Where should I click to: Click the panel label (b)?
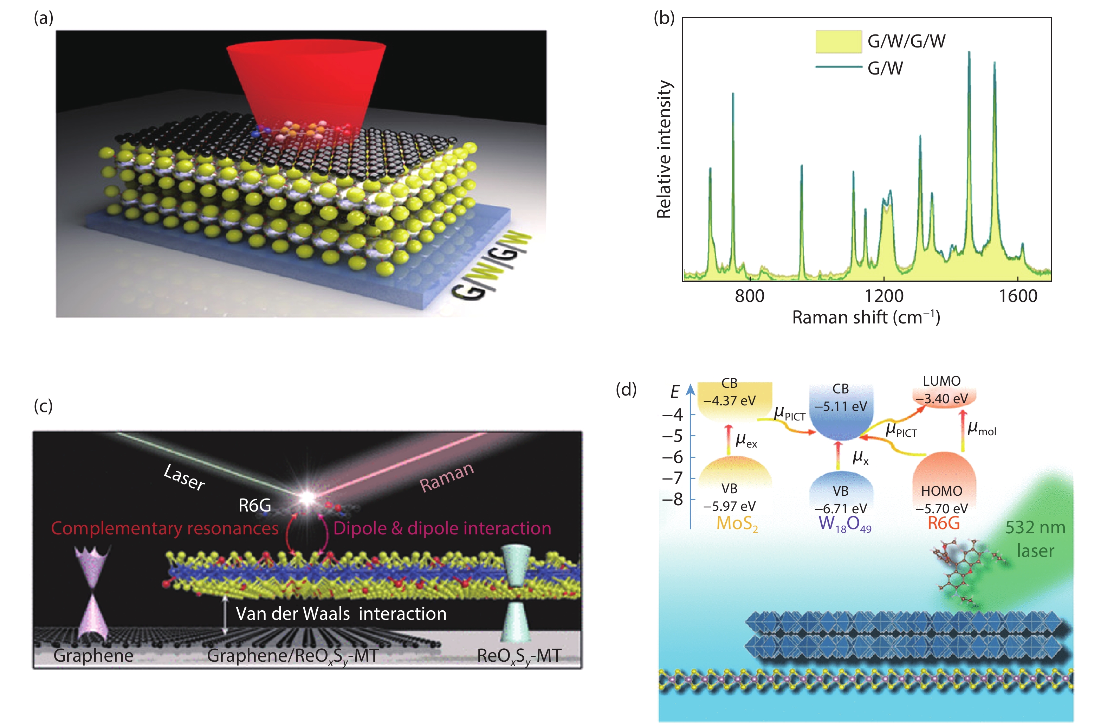[x=664, y=18]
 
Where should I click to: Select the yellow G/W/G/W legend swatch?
[x=838, y=41]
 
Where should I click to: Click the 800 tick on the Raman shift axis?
[x=749, y=296]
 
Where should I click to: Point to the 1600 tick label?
[x=1018, y=296]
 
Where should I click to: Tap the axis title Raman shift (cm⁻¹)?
[x=866, y=317]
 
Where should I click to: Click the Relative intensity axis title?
[x=664, y=149]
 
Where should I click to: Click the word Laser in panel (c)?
[x=184, y=477]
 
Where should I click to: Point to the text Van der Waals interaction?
[x=341, y=614]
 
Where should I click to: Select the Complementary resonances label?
[x=165, y=528]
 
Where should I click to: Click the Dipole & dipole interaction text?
[x=442, y=528]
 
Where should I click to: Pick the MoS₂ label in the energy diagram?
[x=737, y=523]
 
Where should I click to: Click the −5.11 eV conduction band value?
[x=841, y=406]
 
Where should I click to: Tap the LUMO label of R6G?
[x=941, y=381]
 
